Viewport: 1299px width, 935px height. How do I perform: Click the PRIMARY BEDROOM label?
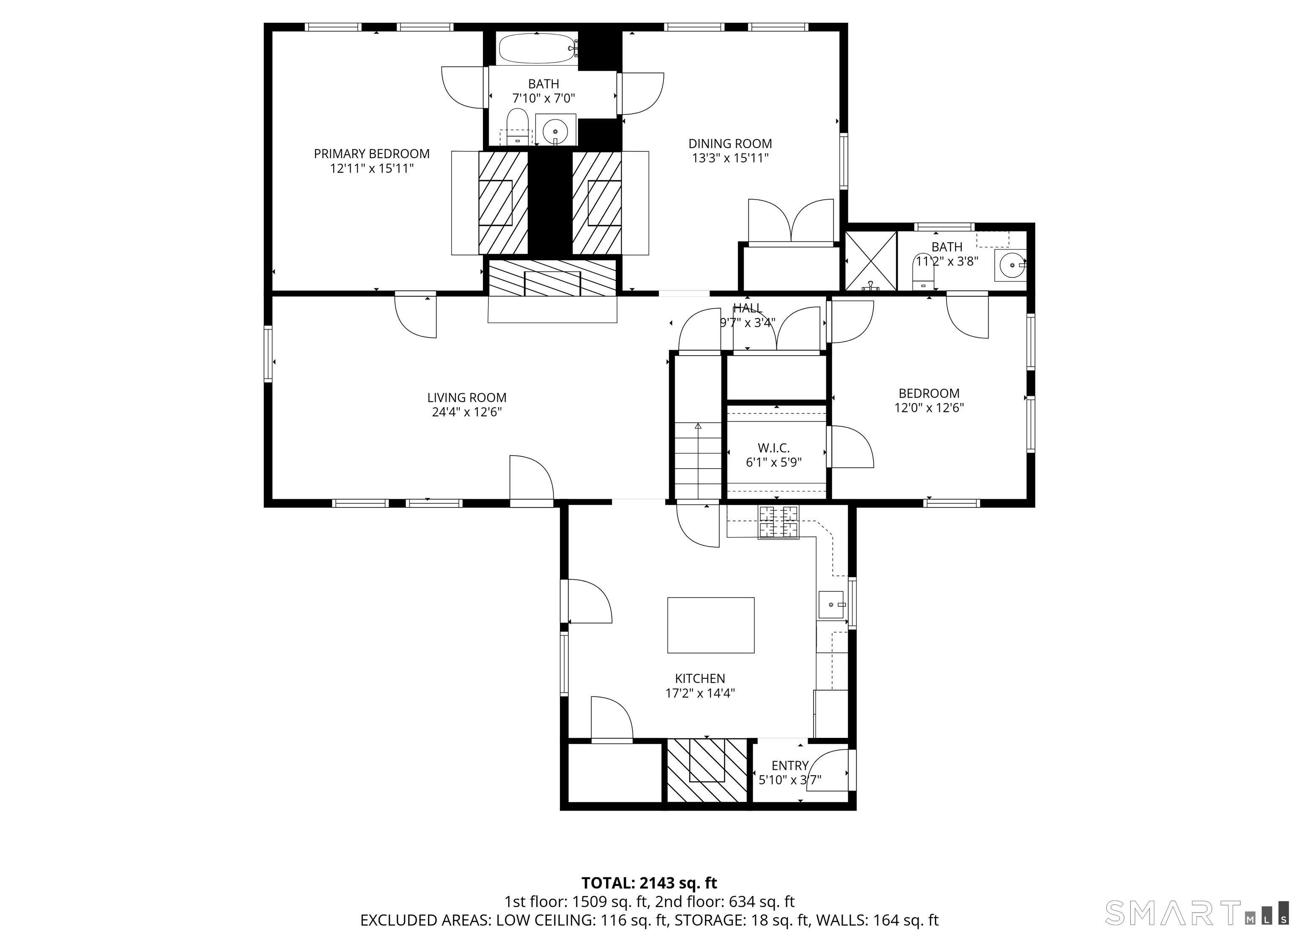coord(372,154)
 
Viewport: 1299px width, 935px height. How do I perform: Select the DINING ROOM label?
coord(730,144)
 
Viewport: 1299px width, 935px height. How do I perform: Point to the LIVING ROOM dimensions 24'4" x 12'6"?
coord(467,412)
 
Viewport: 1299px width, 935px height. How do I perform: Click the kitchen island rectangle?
coord(711,625)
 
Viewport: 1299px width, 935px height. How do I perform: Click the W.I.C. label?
coord(774,448)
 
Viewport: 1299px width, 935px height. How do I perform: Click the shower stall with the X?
coord(871,260)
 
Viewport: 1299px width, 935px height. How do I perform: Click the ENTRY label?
coord(790,765)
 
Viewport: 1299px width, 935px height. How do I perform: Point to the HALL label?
coord(748,308)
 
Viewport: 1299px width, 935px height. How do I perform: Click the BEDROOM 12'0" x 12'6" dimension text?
coord(929,408)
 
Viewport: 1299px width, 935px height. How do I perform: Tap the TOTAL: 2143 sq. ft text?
coord(649,883)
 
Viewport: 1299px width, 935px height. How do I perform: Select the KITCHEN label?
coord(700,679)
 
